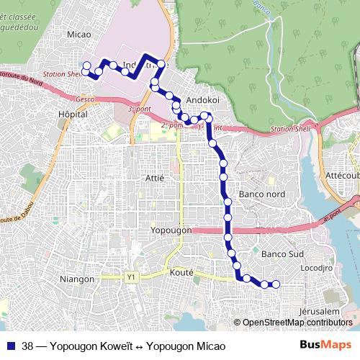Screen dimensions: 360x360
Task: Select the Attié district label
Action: [x=155, y=177]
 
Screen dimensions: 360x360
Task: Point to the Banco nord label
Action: [x=261, y=194]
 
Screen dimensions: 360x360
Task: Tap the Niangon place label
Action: [x=78, y=279]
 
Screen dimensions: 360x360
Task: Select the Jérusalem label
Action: [x=317, y=311]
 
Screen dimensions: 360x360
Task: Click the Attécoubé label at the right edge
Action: [x=342, y=175]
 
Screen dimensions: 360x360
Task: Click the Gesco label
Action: [x=84, y=99]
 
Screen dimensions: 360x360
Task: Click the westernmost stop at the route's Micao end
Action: [x=86, y=66]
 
